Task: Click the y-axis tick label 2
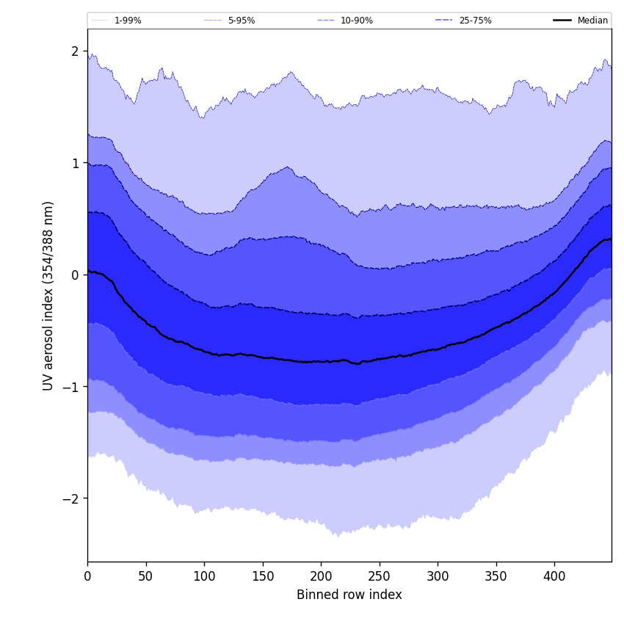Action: tap(75, 51)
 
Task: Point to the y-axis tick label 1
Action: tap(75, 163)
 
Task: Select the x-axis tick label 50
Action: tap(146, 576)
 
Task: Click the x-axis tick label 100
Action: tap(204, 576)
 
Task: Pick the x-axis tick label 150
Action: tap(263, 576)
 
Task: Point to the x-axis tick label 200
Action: tap(321, 576)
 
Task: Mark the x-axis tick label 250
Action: tap(380, 576)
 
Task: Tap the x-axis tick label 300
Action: tap(438, 576)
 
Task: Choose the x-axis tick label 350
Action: tap(496, 576)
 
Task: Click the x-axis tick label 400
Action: tap(554, 576)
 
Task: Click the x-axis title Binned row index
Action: tap(349, 595)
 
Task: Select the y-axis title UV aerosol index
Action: tap(48, 295)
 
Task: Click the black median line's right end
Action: tap(611, 239)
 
